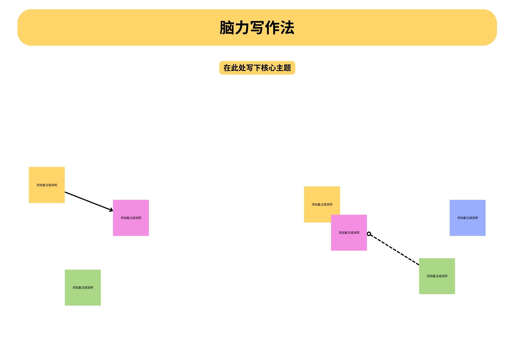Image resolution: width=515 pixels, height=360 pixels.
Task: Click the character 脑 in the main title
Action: (227, 28)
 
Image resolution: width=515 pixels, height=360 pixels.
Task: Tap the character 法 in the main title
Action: (287, 28)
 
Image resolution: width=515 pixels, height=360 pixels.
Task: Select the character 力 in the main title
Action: (242, 28)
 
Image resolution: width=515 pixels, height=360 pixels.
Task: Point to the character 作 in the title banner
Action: (272, 28)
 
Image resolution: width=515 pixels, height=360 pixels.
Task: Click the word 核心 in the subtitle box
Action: (269, 68)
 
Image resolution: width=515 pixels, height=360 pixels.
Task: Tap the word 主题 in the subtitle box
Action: (284, 68)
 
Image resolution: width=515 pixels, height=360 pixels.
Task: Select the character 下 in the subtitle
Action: (257, 68)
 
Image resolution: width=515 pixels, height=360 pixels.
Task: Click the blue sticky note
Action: (467, 218)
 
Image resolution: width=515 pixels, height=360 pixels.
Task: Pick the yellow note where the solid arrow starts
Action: (47, 185)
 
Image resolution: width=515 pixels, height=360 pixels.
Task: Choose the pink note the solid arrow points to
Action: (131, 218)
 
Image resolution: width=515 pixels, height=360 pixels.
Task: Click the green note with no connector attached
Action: (83, 288)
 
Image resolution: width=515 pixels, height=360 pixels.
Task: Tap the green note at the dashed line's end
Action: (437, 276)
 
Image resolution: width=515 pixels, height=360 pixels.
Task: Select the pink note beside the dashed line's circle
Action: (349, 233)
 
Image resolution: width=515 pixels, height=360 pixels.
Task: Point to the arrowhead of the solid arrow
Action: (111, 210)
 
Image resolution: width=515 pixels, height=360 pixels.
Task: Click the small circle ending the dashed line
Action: (369, 234)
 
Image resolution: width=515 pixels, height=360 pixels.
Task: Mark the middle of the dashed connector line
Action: (394, 249)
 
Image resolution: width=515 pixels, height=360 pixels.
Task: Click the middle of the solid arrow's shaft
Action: (89, 201)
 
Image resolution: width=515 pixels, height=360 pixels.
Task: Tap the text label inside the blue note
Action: (467, 218)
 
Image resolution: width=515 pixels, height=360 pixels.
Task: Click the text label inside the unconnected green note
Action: (83, 288)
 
